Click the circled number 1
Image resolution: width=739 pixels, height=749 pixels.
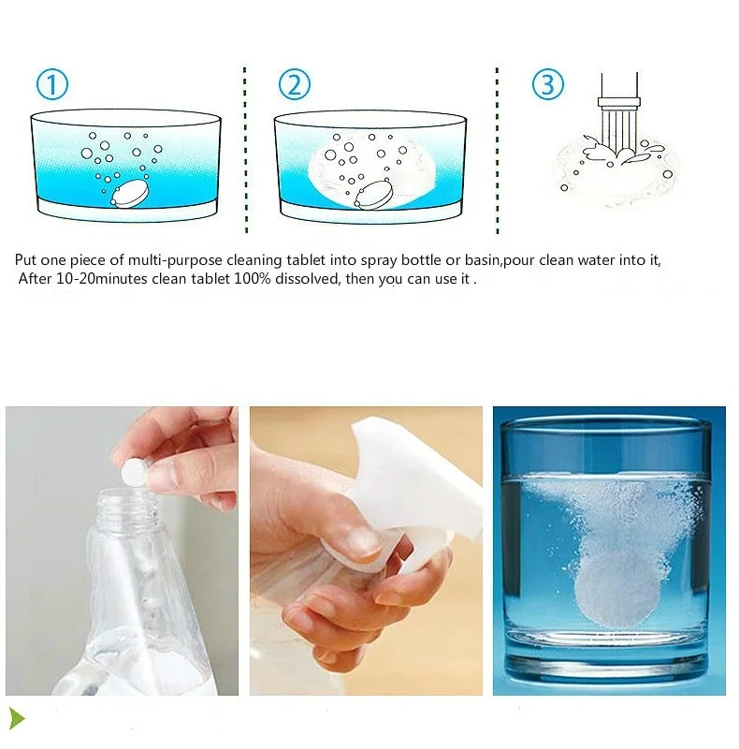point(52,84)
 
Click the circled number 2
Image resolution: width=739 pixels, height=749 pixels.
point(295,84)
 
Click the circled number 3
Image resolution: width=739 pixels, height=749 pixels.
point(547,84)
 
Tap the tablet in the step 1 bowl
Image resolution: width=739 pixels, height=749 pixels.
point(130,194)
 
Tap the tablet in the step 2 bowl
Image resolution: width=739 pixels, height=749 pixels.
point(374,195)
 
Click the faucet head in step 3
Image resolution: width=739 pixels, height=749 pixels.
point(618,102)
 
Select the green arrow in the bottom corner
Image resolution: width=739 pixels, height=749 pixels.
point(17,719)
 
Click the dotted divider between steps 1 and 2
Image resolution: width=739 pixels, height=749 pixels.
point(245,150)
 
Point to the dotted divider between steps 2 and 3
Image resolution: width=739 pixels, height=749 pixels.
point(497,150)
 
